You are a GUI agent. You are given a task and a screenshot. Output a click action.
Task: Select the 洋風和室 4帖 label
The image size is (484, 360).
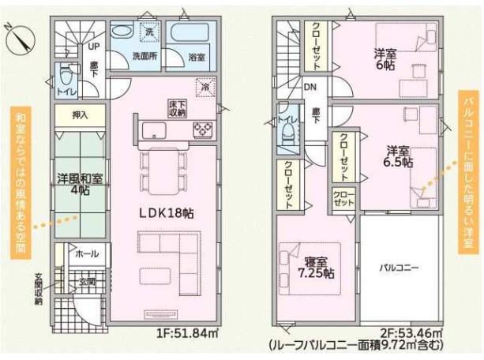point(79,183)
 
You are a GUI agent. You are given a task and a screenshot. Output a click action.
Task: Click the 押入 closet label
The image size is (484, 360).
point(80,116)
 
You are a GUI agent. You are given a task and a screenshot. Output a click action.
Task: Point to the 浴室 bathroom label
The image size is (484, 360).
point(197,57)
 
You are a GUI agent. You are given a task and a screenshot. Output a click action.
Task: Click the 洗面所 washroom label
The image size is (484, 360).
point(144,57)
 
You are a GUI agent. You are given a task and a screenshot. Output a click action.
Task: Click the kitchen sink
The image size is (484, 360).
point(152,129)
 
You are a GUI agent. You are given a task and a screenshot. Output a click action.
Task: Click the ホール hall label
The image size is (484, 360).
point(85,254)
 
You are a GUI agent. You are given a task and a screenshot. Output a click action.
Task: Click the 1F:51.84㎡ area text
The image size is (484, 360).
point(188,333)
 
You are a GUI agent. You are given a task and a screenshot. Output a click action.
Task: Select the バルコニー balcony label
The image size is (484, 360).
point(398,268)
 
